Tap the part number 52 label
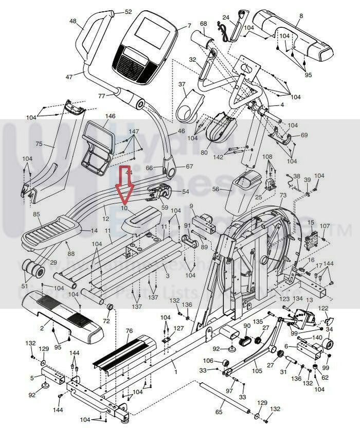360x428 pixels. point(128,11)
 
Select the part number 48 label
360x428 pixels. point(73,21)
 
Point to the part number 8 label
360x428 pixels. point(300,16)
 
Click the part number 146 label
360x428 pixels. point(110,116)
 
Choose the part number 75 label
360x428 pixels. point(39,144)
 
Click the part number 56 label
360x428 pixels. point(216,189)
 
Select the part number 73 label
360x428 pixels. point(283,196)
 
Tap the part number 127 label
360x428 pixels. point(178,328)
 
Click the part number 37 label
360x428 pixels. point(182,84)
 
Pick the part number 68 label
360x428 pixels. point(203,24)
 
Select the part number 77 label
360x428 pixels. point(101,96)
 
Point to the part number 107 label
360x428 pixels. point(325,226)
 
